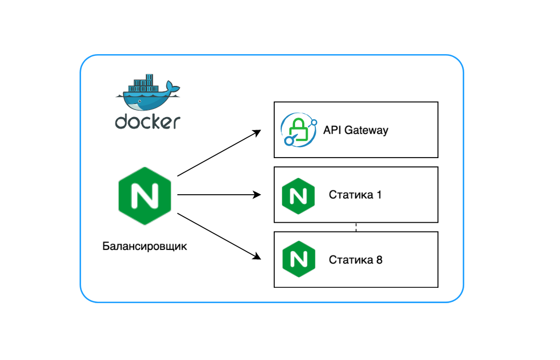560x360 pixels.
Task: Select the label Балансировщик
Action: pyautogui.click(x=145, y=246)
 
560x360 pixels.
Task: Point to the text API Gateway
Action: pyautogui.click(x=355, y=130)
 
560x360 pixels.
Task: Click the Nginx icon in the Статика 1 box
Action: pyautogui.click(x=298, y=195)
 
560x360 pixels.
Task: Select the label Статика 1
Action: pyautogui.click(x=355, y=195)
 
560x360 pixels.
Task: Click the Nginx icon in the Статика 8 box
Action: pyautogui.click(x=298, y=259)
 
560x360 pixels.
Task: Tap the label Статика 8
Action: pyautogui.click(x=355, y=259)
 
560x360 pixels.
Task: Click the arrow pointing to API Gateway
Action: pyautogui.click(x=219, y=153)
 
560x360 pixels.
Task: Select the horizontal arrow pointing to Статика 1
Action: pyautogui.click(x=219, y=194)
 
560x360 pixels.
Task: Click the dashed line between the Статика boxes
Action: pyautogui.click(x=356, y=227)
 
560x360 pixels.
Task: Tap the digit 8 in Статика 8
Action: pyautogui.click(x=379, y=259)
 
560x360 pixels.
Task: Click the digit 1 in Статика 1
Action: pyautogui.click(x=379, y=195)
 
